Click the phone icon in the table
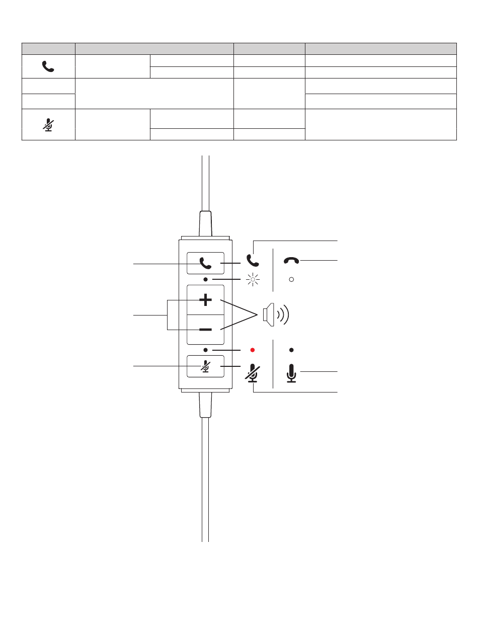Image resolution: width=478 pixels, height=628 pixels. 48,66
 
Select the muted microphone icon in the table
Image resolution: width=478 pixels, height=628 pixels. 48,124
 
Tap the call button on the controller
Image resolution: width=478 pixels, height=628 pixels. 205,263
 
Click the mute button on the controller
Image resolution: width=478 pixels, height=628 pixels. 205,366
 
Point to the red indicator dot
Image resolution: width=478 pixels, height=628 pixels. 253,350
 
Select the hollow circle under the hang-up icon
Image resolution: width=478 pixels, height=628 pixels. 291,279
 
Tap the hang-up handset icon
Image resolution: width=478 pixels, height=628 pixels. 291,260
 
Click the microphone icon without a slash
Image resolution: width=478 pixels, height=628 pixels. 291,373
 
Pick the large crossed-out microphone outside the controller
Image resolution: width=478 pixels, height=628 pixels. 253,373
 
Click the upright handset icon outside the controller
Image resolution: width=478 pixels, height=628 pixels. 253,260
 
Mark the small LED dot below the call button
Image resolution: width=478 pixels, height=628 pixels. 206,279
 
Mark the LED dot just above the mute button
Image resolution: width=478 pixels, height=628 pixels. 206,350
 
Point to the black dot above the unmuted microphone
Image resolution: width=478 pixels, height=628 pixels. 291,350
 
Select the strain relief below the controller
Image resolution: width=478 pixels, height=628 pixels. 205,406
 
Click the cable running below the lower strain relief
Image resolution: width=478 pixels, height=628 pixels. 205,478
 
